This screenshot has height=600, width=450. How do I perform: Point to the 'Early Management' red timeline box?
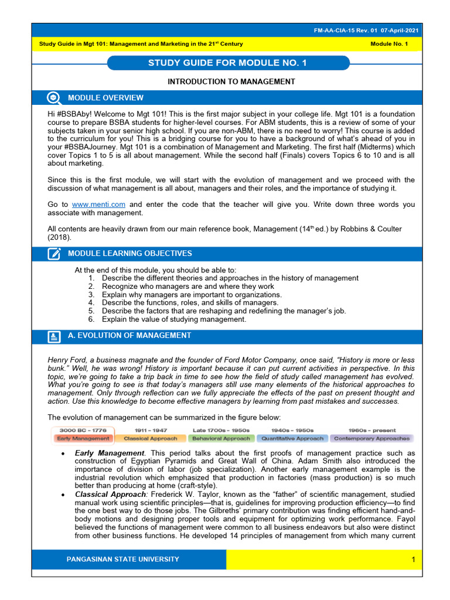coord(83,438)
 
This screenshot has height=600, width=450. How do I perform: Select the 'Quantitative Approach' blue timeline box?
coord(292,438)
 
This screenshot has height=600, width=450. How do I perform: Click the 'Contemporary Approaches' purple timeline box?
coord(371,438)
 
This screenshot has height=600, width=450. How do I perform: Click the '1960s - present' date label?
coord(371,430)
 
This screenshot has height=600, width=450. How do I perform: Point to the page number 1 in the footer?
coord(412,560)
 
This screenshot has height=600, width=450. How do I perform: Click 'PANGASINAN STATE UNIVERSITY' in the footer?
coord(123,559)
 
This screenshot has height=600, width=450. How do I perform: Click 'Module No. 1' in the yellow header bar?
coord(389,44)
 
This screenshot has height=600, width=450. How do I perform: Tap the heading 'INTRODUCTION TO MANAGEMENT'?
coord(231,81)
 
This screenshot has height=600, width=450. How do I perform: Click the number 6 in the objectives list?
coord(91,319)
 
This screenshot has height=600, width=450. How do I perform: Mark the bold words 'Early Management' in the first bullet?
coord(109,453)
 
